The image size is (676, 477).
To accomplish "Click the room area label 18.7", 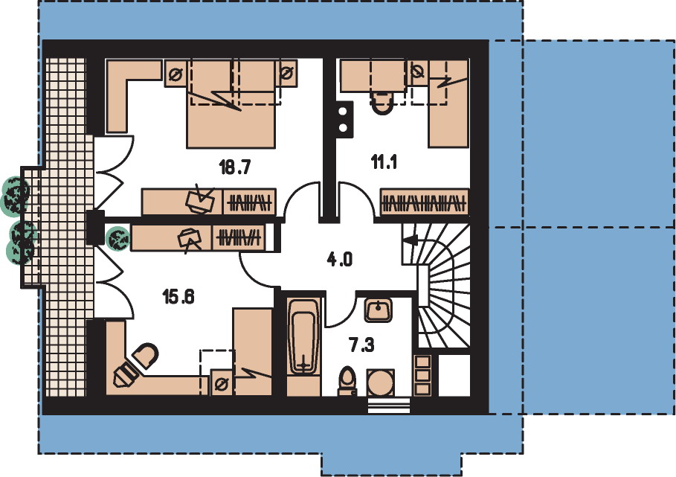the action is (x=235, y=167).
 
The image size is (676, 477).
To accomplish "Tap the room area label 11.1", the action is (x=384, y=162).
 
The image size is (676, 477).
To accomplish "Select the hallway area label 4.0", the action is (x=340, y=260).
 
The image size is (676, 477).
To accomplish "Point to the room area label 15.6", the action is (x=178, y=296).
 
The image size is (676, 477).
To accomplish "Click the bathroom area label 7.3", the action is (x=361, y=345).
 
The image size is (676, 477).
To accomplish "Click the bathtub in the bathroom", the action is (x=304, y=336).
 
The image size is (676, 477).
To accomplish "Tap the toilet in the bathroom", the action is (x=347, y=380).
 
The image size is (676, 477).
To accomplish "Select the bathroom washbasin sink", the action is (x=378, y=310).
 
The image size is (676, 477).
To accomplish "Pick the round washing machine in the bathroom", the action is (x=380, y=382).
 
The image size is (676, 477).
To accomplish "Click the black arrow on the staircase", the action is (x=410, y=240).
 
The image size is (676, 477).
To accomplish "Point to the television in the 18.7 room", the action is (x=200, y=199).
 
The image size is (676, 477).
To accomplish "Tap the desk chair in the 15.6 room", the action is (x=145, y=356).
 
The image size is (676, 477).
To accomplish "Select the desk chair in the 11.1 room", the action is (x=382, y=103).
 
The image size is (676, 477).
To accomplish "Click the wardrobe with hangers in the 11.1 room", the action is (x=424, y=202).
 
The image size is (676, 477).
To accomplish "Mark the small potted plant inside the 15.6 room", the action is (x=118, y=238).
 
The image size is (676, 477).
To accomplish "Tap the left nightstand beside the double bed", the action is (x=176, y=74).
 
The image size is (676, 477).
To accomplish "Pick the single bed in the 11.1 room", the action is (x=448, y=103).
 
